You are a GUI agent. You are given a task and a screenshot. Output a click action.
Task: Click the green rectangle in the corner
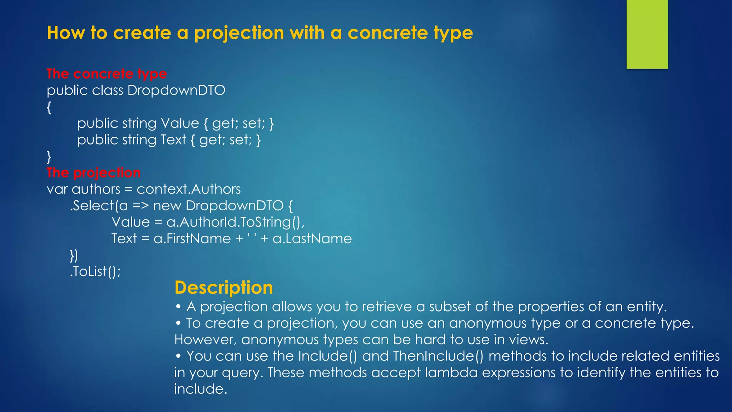(x=647, y=34)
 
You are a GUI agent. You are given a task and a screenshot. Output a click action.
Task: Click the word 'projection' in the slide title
(x=239, y=33)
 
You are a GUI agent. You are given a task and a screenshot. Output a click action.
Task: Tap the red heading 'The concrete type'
(x=107, y=74)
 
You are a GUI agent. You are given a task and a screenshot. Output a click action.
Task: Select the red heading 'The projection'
(x=94, y=173)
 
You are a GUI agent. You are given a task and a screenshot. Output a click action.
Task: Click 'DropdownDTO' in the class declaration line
(x=176, y=90)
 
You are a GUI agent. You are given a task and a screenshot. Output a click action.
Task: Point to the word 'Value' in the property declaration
(x=180, y=123)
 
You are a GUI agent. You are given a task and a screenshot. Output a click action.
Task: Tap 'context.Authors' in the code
(x=188, y=189)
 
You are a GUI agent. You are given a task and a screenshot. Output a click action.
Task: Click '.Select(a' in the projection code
(x=98, y=206)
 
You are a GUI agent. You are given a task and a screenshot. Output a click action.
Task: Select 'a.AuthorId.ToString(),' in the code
(x=236, y=222)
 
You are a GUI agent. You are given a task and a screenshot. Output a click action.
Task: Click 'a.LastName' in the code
(x=312, y=239)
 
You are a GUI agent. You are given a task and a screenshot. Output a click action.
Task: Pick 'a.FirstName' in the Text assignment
(x=192, y=239)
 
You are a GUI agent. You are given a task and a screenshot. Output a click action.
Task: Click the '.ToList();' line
(x=95, y=271)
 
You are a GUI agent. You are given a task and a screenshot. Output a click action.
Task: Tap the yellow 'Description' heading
(x=224, y=288)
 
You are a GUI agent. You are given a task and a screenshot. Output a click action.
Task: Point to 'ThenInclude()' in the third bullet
(x=438, y=356)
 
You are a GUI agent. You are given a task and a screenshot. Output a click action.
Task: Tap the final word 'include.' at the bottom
(x=201, y=389)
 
